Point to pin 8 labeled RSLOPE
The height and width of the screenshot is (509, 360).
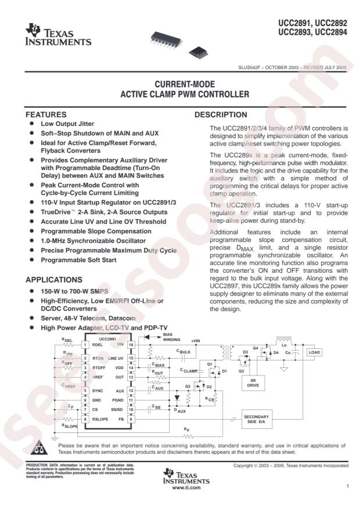point(85,419)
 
